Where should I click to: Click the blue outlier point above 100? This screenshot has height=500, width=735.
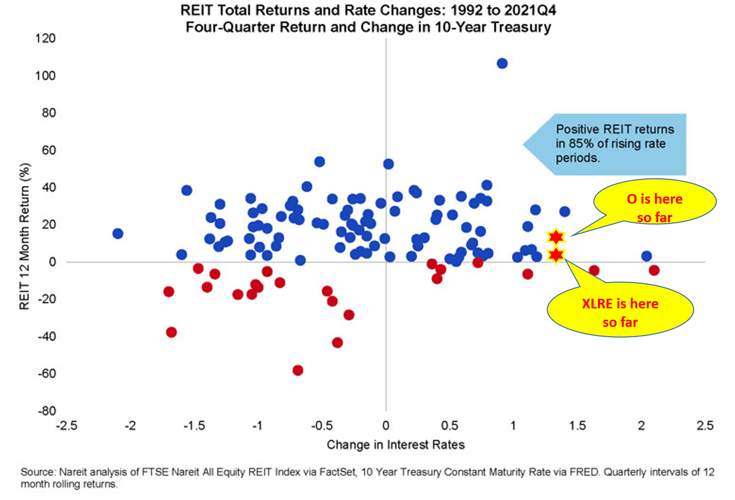(x=502, y=64)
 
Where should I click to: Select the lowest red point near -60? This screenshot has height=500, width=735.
(x=298, y=370)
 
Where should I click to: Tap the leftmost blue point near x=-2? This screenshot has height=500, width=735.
(x=118, y=234)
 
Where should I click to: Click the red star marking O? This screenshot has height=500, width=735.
(x=556, y=237)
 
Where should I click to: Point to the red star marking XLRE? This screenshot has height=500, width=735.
(x=556, y=255)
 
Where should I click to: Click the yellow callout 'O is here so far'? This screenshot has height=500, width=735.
(x=654, y=203)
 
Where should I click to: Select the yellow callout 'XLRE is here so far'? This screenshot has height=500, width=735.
(x=620, y=310)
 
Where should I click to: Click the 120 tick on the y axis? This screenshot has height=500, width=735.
(x=45, y=38)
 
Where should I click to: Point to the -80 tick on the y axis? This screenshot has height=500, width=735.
(x=47, y=411)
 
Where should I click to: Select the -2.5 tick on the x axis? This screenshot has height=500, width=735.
(x=67, y=426)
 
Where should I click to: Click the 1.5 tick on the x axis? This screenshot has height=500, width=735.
(x=577, y=426)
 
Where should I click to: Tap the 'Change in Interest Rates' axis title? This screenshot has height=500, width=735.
(x=395, y=445)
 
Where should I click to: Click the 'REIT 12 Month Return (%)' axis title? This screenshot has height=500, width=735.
(x=25, y=236)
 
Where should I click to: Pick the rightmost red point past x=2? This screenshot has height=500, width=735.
(x=654, y=270)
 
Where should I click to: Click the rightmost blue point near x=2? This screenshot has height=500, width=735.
(x=646, y=256)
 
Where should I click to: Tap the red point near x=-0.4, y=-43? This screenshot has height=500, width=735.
(x=337, y=342)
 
